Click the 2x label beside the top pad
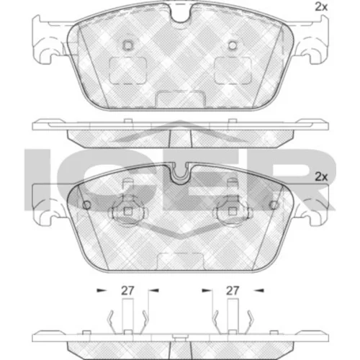point(321,7)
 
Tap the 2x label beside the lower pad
point(321,177)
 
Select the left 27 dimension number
point(127,291)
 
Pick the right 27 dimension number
point(233,291)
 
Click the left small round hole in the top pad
point(128,45)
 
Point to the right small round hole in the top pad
point(233,45)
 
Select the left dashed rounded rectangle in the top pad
point(128,71)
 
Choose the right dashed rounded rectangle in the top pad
point(233,71)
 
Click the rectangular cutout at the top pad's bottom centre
point(181,99)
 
